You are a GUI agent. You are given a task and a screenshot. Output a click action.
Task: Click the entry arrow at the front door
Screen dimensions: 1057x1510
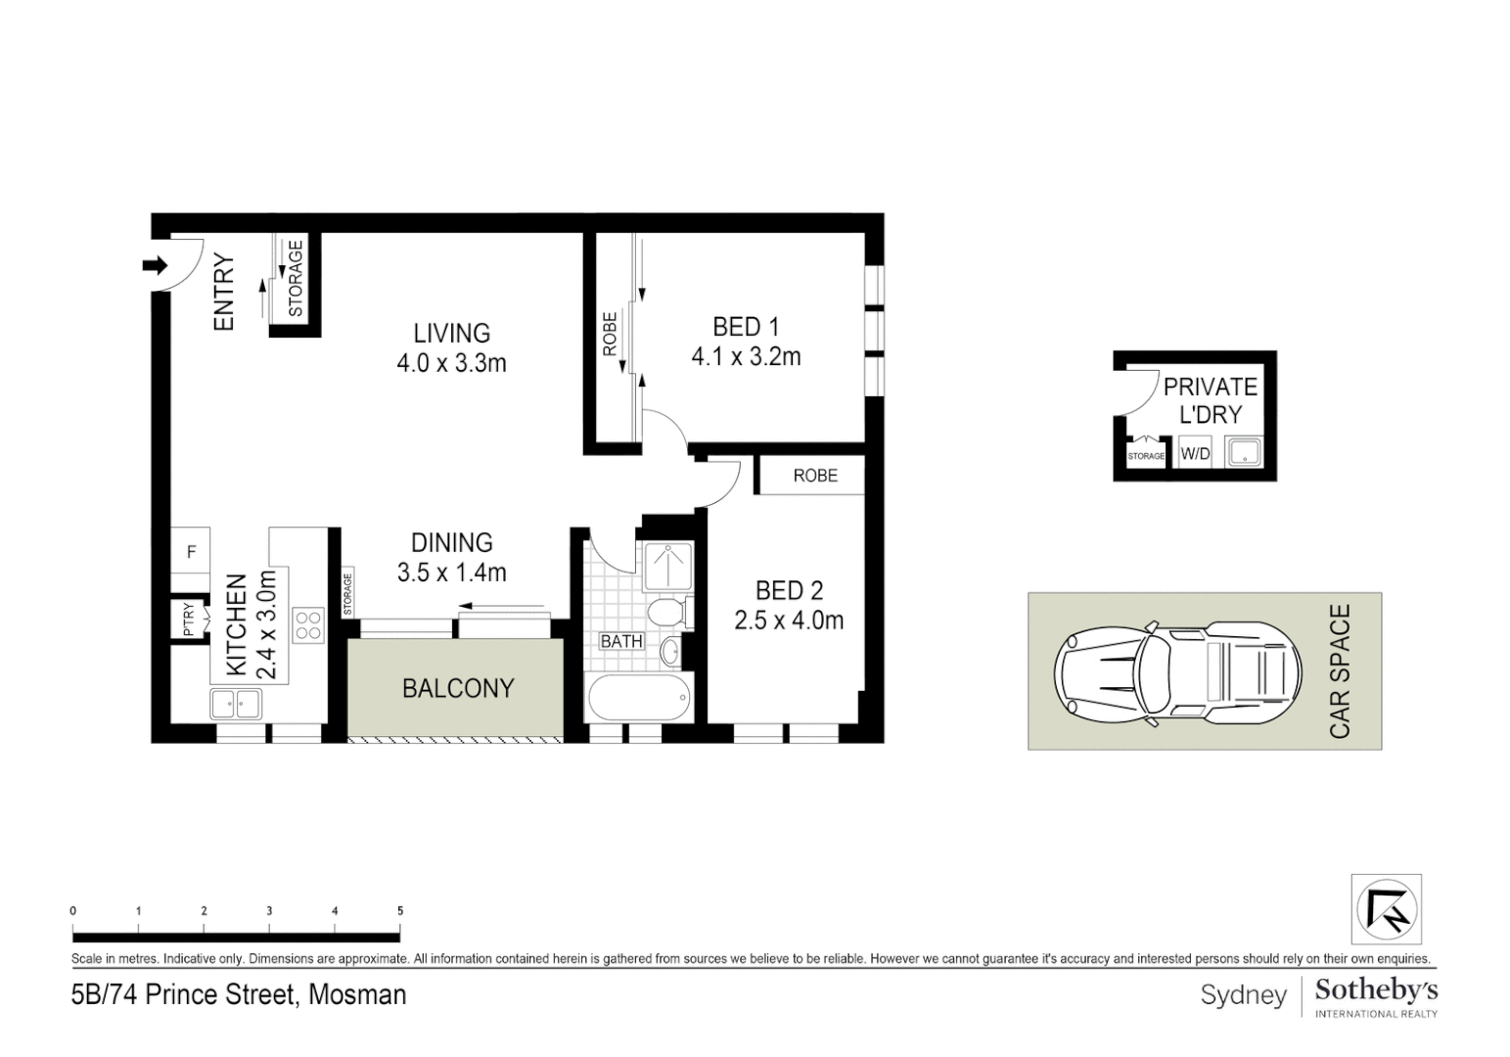(x=155, y=264)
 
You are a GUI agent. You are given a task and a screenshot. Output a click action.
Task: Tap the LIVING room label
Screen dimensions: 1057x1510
(x=451, y=333)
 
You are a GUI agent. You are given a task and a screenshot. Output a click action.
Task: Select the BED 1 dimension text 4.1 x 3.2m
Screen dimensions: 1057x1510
(x=746, y=357)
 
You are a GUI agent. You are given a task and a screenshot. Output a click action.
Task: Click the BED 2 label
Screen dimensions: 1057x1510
(x=789, y=590)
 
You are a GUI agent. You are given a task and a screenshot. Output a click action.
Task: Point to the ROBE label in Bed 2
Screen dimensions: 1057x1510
(x=815, y=476)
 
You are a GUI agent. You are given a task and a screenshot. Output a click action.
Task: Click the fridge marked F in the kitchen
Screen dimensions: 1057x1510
(x=191, y=552)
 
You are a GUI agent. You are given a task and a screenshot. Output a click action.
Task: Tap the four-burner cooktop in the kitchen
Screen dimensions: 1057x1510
(x=308, y=624)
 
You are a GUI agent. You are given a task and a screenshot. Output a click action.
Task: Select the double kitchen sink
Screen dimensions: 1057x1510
(x=236, y=703)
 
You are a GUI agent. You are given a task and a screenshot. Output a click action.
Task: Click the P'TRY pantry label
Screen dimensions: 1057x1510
(x=189, y=619)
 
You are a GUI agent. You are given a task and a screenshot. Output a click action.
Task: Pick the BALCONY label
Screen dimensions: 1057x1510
(x=458, y=688)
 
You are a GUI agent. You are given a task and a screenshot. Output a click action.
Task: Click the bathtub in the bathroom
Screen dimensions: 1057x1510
(x=639, y=698)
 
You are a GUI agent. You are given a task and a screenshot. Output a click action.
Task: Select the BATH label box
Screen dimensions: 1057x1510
(x=621, y=641)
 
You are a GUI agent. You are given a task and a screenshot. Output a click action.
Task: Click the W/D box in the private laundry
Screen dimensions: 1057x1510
(x=1195, y=454)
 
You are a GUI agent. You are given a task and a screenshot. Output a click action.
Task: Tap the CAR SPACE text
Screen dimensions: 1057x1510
(x=1340, y=670)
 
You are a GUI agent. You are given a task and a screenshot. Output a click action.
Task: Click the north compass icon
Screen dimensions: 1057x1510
(x=1386, y=909)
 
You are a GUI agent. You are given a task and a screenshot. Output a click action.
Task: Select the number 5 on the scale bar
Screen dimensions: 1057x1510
(x=400, y=911)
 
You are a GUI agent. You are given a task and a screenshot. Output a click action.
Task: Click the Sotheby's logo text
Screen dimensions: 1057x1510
(x=1375, y=990)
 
